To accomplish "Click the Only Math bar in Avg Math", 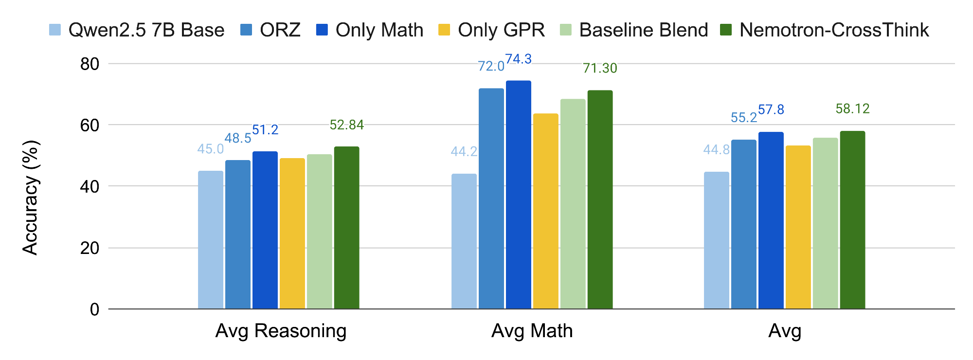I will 518,195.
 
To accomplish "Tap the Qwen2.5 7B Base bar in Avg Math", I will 464,241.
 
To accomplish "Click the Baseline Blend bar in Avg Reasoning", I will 319,232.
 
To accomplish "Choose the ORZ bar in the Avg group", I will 743,224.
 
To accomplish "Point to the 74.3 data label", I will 518,59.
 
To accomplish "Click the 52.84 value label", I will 346,125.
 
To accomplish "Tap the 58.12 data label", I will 852,108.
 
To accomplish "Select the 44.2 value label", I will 464,152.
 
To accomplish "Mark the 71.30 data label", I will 600,68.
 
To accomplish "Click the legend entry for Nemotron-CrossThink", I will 834,30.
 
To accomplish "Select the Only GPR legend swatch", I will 444,30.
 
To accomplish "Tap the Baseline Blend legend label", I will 643,30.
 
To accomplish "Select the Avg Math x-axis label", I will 532,331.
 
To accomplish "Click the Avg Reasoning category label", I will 281,331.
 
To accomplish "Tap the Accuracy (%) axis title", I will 30,198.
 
